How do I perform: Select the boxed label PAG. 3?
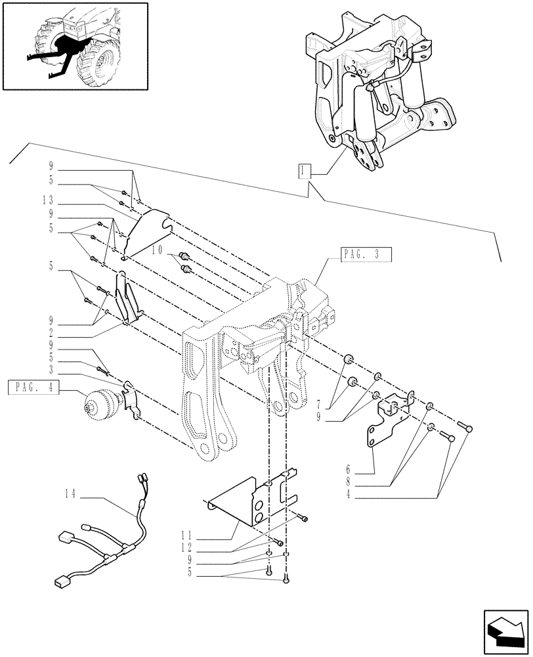click(366, 254)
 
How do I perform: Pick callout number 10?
click(158, 250)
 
